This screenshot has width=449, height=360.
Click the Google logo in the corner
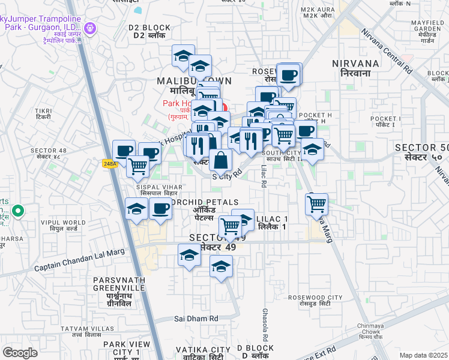coord(20,353)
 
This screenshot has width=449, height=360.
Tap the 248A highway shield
coord(109,163)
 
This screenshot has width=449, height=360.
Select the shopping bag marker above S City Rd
coord(221,161)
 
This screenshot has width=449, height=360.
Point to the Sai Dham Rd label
coord(196,319)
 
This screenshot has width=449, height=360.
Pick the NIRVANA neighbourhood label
coord(360,67)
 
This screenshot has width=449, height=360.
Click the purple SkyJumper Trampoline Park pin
coord(91,28)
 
